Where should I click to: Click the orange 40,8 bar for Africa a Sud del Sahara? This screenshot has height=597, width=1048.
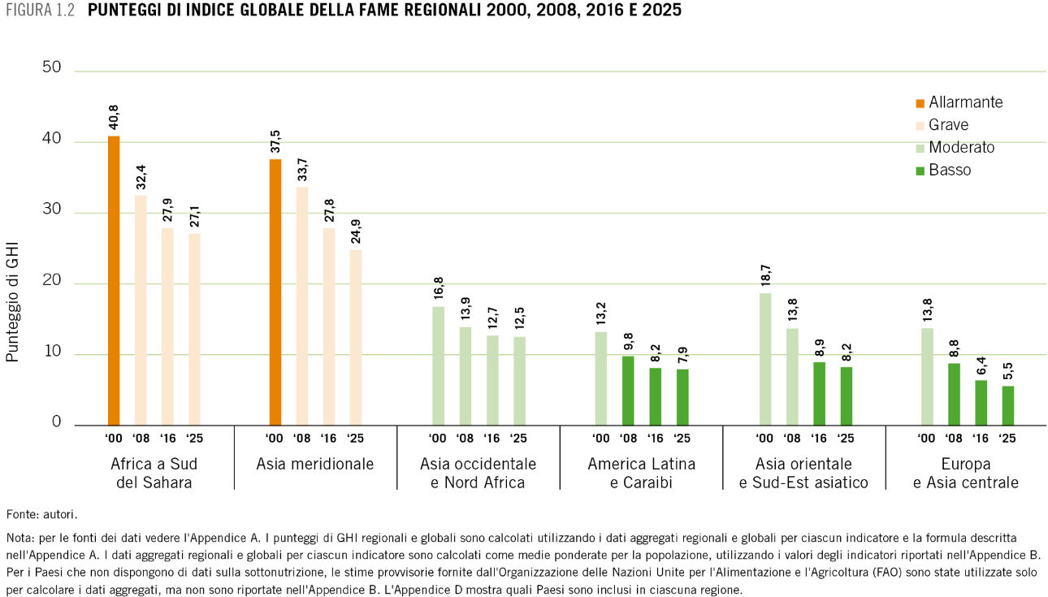coord(114,280)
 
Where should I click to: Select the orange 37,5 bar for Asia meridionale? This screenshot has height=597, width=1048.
coord(275,292)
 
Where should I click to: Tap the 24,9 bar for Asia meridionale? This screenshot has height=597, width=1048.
coord(356,337)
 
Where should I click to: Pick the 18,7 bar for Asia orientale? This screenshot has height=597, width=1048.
coord(765,358)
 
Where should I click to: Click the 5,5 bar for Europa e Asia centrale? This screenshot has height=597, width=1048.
coord(1007,405)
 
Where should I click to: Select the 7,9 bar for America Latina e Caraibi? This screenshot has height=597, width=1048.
coord(682,396)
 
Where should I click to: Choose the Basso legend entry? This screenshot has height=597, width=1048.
coord(949,171)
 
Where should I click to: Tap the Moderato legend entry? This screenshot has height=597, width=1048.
coord(961,148)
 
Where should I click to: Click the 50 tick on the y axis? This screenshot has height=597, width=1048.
coord(52,67)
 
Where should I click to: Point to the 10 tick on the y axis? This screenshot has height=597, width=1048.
coord(52,353)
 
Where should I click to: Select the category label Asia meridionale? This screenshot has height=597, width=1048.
coord(315,465)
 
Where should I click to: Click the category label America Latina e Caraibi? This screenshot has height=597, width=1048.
coord(642,473)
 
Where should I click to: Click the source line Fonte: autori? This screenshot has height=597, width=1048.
coord(41,514)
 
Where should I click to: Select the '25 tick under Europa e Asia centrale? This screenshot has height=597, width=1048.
coord(1007,439)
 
